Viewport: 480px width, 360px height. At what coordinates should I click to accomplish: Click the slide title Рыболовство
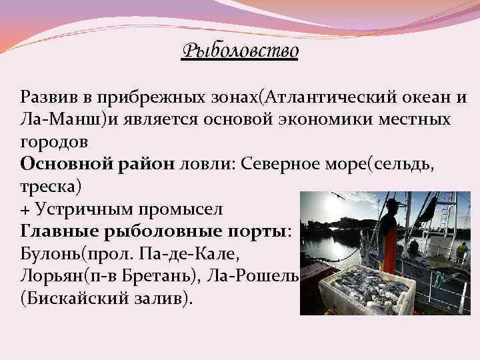240,50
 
